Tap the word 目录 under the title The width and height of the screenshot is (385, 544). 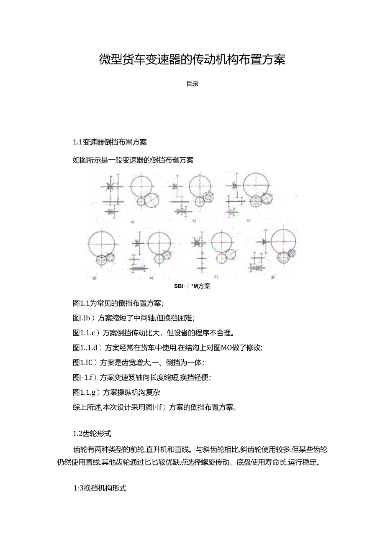pyautogui.click(x=192, y=84)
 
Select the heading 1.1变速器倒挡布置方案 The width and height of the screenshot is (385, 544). pyautogui.click(x=110, y=142)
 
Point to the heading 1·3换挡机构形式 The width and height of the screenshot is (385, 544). pyautogui.click(x=100, y=488)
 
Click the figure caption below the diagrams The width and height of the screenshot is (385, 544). pyautogui.click(x=192, y=286)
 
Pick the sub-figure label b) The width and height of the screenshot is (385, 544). pyautogui.click(x=194, y=220)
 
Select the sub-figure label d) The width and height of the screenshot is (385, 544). pyautogui.click(x=94, y=277)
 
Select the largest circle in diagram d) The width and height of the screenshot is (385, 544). pyautogui.click(x=102, y=243)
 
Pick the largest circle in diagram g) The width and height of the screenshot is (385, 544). pyautogui.click(x=284, y=241)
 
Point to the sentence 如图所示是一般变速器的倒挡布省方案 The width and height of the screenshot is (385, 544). pyautogui.click(x=133, y=160)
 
